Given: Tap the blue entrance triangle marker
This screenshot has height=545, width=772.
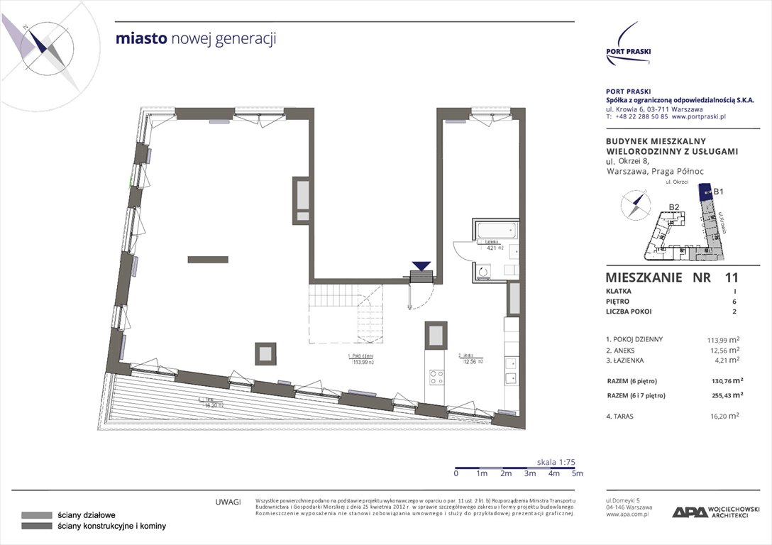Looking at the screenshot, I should click(x=421, y=266).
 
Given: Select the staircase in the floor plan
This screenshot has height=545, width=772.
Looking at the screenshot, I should click(x=346, y=313).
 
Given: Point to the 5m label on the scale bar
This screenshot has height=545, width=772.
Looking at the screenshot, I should click(x=577, y=473).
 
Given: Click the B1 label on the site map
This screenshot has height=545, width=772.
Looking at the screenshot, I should click(x=718, y=191).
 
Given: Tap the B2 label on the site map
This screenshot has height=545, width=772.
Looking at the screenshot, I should click(x=675, y=207).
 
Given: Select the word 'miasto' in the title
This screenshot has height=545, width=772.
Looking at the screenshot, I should click(x=142, y=38).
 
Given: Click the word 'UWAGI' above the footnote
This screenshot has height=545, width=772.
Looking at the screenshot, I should click(x=228, y=502).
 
